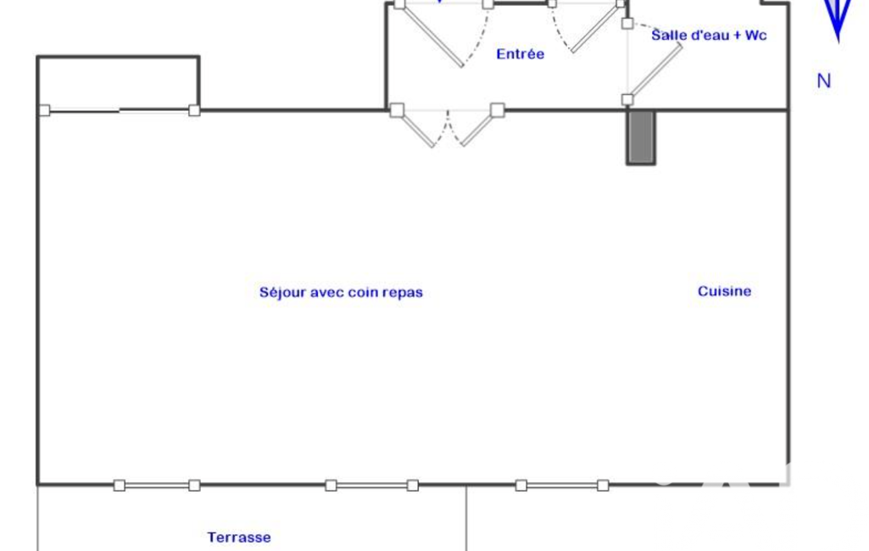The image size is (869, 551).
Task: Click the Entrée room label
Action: [x=520, y=53]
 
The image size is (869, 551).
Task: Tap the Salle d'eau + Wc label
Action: [x=709, y=35]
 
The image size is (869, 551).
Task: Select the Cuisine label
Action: [x=724, y=291]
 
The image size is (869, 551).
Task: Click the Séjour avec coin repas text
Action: [x=341, y=292]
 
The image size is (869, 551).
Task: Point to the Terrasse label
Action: [x=239, y=537]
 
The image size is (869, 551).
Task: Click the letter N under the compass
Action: [x=824, y=81]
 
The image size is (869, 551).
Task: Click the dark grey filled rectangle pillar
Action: [x=641, y=137]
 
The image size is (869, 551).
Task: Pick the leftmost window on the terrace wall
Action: [x=157, y=486]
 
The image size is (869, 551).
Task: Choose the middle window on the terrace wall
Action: [x=372, y=486]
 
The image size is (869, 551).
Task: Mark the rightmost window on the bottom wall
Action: [x=562, y=486]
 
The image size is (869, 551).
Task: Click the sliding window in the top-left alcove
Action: [x=120, y=111]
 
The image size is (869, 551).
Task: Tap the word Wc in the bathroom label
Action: [x=756, y=35]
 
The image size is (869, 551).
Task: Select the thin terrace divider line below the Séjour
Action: [x=466, y=518]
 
